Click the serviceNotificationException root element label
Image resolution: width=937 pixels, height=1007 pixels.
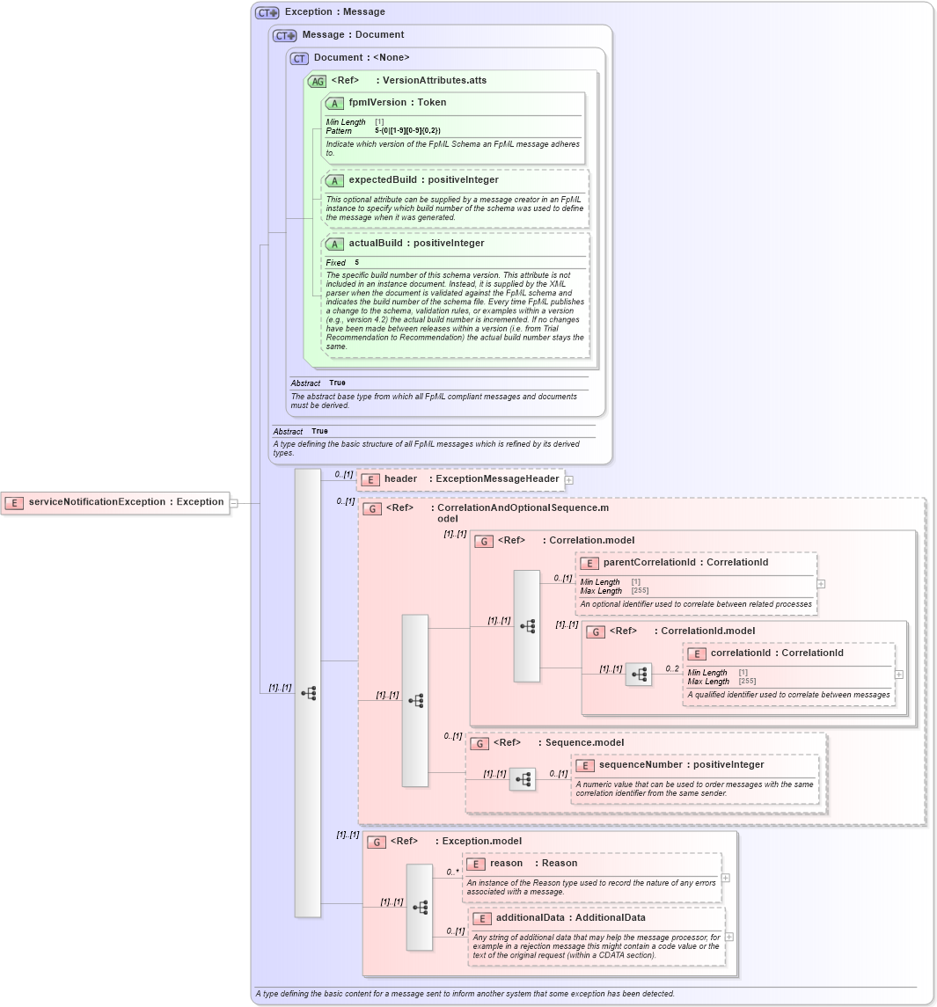(x=125, y=502)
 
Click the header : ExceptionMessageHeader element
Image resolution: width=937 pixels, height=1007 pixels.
(x=471, y=479)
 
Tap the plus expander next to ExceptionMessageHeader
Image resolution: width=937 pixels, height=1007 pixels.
(x=569, y=480)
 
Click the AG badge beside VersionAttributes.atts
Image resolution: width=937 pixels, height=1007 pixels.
(x=317, y=81)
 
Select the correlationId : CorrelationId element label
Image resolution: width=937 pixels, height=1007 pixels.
(x=776, y=653)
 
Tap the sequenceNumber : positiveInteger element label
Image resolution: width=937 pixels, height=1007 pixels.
(x=681, y=765)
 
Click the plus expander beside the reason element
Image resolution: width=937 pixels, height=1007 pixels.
(x=725, y=878)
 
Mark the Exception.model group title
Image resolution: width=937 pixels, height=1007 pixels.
(x=481, y=842)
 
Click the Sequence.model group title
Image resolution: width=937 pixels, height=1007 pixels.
(x=584, y=743)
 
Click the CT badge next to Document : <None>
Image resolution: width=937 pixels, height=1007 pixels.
(x=299, y=58)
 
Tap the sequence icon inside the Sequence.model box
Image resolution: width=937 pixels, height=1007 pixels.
(x=523, y=779)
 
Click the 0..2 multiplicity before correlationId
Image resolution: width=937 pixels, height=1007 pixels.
(x=672, y=669)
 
